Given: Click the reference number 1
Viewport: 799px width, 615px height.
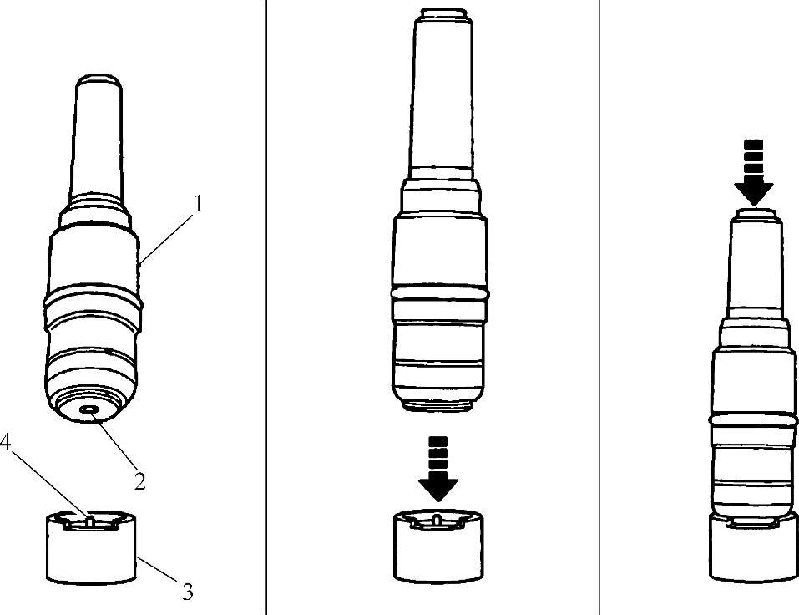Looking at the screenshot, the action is tap(199, 204).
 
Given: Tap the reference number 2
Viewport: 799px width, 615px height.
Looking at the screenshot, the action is tap(140, 480).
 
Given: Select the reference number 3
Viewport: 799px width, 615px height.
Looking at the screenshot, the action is tap(188, 592).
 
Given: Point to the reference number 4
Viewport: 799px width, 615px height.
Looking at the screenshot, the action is tap(5, 443).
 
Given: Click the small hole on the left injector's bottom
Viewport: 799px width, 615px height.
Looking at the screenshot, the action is tap(90, 409).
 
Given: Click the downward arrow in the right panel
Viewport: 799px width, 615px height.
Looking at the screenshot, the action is tap(754, 172).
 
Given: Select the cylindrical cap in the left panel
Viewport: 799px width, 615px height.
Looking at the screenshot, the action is tap(92, 547).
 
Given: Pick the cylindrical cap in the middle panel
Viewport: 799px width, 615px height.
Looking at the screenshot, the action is tap(438, 546).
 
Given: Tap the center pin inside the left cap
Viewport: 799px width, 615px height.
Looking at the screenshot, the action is tap(90, 520).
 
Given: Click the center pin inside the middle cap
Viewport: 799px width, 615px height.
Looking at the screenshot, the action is tap(437, 520).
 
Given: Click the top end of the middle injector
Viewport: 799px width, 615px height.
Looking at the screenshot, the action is tap(442, 13).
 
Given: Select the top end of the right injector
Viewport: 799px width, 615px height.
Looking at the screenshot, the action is tap(756, 214).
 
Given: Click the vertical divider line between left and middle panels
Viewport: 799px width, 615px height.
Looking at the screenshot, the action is tap(266, 307).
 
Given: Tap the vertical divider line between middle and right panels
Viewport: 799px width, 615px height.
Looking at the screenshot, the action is tap(599, 307).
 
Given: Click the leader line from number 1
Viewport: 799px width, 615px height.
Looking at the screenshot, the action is tap(166, 239).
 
